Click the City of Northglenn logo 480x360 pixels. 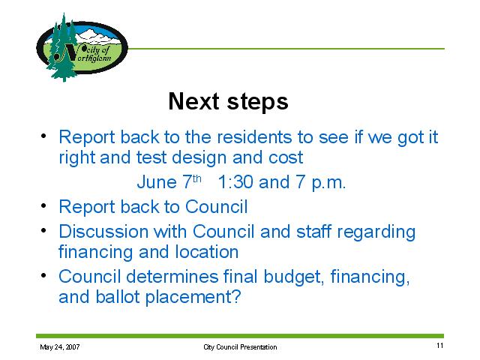[x=82, y=47]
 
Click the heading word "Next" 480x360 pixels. [x=193, y=101]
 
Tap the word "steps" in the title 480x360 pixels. [x=258, y=102]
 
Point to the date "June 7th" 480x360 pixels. [x=169, y=181]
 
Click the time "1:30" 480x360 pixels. [x=235, y=181]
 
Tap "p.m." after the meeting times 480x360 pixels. [x=328, y=183]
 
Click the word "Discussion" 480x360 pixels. [x=103, y=231]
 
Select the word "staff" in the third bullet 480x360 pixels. [x=313, y=231]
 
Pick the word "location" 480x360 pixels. [x=207, y=252]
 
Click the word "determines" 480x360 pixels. [x=172, y=277]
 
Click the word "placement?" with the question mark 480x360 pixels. [x=193, y=298]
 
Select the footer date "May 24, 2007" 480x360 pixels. [x=60, y=346]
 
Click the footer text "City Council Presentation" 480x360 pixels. [x=240, y=346]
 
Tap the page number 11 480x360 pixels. [x=439, y=346]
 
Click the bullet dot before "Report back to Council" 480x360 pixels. [x=43, y=205]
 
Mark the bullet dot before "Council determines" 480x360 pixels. [x=43, y=275]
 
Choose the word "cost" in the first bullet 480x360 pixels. [x=286, y=158]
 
